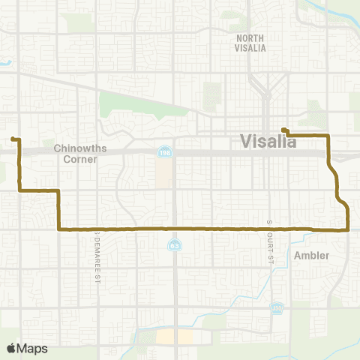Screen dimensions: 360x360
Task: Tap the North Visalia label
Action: click(251, 43)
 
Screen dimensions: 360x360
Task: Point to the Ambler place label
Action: click(311, 255)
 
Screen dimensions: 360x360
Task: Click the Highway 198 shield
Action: click(163, 153)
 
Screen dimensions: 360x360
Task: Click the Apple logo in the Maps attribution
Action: click(11, 349)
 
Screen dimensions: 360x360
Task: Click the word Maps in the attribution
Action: click(32, 349)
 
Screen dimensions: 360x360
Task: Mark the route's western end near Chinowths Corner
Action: click(13, 139)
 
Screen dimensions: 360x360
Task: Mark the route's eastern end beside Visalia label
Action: click(283, 129)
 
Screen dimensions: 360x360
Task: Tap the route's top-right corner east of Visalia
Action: click(328, 135)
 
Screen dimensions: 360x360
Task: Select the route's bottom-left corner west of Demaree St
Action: click(58, 229)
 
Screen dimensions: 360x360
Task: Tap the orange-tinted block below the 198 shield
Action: click(163, 174)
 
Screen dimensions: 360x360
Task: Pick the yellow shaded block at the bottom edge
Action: click(173, 337)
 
